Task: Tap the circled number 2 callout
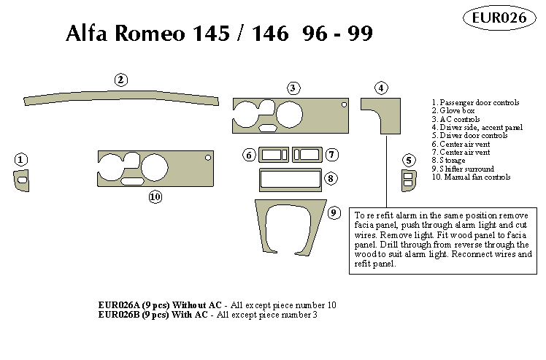click(121, 80)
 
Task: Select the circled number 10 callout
click(155, 196)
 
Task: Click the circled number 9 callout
click(334, 213)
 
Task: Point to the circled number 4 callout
click(381, 88)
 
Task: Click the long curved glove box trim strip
click(121, 98)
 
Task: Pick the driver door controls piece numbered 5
click(408, 180)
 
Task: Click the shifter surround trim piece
click(289, 228)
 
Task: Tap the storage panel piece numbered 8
click(289, 178)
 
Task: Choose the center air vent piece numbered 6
click(274, 155)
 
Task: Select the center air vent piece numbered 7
click(307, 155)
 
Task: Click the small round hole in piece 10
click(208, 158)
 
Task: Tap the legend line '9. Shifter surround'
click(463, 169)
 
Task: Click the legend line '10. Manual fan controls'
click(471, 177)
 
